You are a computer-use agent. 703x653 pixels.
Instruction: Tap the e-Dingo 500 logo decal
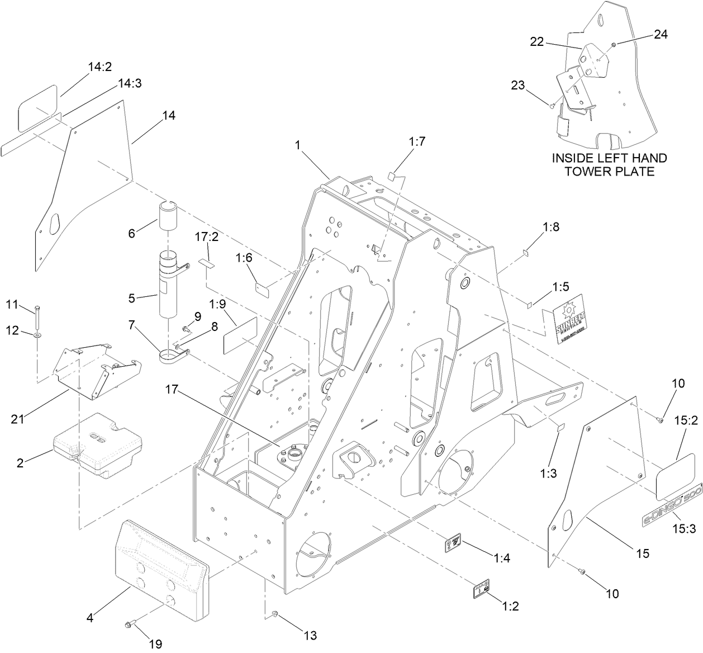[x=671, y=503]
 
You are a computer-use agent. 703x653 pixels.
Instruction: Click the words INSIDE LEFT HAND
[x=609, y=159]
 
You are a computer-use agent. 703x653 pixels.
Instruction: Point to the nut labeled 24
[x=613, y=44]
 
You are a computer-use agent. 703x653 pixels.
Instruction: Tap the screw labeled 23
[x=552, y=105]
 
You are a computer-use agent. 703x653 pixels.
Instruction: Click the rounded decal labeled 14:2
[x=37, y=106]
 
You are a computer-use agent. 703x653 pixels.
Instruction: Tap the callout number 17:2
[x=206, y=237]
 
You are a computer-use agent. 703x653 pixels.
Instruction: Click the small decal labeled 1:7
[x=393, y=177]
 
